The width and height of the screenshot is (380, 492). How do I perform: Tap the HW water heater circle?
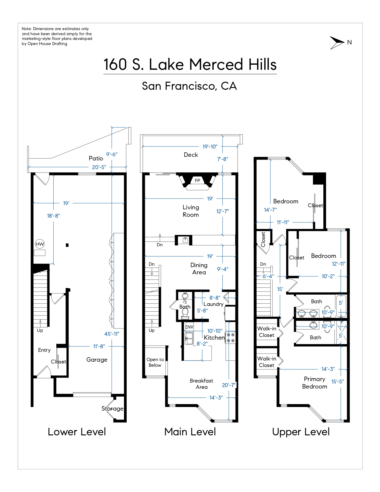point(40,244)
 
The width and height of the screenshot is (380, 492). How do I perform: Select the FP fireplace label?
point(197,180)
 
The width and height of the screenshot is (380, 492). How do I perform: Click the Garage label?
point(97,360)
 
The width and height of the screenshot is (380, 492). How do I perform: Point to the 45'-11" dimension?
point(112,334)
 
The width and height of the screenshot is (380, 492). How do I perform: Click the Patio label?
point(96,158)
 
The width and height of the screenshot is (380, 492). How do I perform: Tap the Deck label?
point(191,155)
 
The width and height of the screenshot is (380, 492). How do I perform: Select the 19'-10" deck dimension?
point(210,146)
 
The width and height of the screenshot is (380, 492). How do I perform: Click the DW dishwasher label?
point(189,327)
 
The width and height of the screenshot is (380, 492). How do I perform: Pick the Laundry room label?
point(213,304)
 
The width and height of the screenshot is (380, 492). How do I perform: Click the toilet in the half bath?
point(185,313)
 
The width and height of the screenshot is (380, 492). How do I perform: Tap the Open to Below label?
point(155,362)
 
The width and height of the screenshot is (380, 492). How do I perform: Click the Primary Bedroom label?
point(315,383)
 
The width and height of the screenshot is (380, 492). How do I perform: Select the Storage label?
point(112,409)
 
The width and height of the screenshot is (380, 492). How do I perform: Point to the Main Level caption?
point(190,432)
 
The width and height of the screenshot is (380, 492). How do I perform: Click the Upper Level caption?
point(301,432)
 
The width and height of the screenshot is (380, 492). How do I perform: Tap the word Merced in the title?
point(217,64)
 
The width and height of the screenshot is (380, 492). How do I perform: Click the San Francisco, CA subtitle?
point(190,86)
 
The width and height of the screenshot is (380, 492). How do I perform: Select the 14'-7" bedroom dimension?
point(270,210)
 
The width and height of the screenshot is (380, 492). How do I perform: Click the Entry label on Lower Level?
point(44,350)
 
